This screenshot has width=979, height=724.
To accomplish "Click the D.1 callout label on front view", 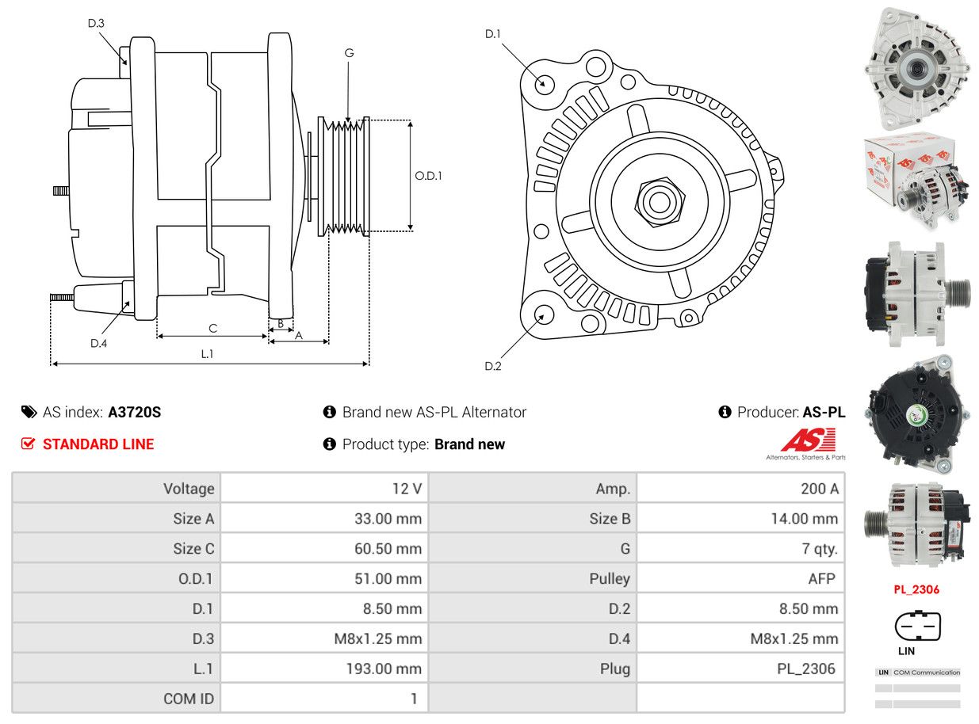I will click(x=493, y=34).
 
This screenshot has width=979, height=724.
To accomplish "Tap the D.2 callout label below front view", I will click(x=493, y=366).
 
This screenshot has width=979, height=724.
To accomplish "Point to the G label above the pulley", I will click(x=349, y=53).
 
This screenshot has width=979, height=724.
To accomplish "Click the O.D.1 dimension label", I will click(x=428, y=176).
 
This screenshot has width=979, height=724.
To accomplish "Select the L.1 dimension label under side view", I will click(x=207, y=354).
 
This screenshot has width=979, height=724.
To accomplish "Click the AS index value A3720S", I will click(x=135, y=412).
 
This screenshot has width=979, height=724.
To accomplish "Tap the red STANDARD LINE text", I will click(x=98, y=444).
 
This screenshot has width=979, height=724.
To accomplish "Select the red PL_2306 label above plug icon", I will click(x=916, y=589).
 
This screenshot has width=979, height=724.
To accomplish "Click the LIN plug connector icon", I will click(x=917, y=627).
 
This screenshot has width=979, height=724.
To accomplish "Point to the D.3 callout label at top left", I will click(x=96, y=23).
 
